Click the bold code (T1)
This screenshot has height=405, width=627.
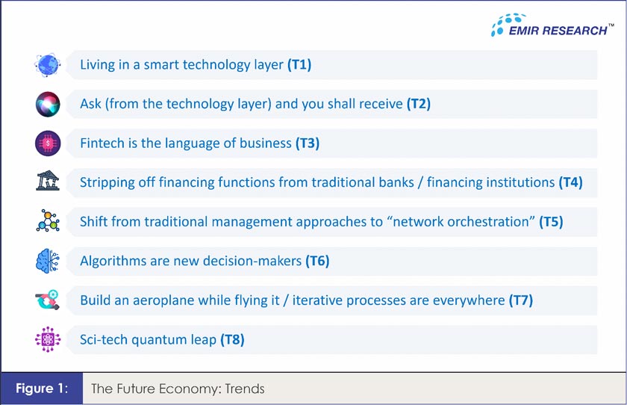(299, 65)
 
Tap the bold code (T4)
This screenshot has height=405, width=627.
(571, 182)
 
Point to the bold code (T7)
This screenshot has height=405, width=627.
(520, 300)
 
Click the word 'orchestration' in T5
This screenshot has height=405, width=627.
(488, 222)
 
